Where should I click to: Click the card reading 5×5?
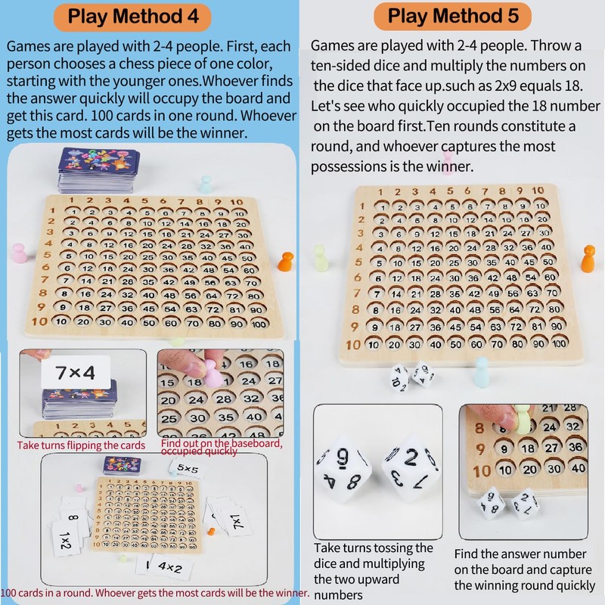(188, 468)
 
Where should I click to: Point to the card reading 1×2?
(67, 536)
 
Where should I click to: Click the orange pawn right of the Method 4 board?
(286, 262)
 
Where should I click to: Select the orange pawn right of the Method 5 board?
(588, 259)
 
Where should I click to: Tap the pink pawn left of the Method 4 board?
(20, 253)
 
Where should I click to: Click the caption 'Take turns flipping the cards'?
(81, 445)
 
